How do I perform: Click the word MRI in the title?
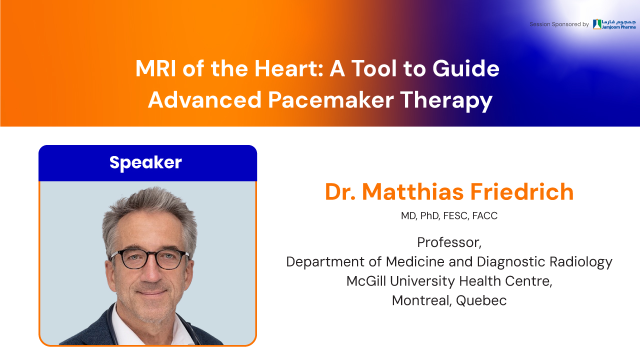coord(155,68)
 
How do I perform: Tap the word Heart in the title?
coord(288,68)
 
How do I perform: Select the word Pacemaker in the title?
coord(331,100)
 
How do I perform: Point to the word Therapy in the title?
coord(446,101)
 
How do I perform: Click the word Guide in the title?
coord(465,68)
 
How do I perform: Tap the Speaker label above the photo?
coord(145,163)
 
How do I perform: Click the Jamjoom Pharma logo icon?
coord(597,24)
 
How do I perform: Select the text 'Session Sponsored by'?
coord(559,24)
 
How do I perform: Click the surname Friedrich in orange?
coord(521,191)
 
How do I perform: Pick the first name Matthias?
coord(412,191)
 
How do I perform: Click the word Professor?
coord(449,242)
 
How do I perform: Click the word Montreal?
coord(421,300)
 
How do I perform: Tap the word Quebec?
coord(481,300)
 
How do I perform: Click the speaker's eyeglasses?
coord(150,259)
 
